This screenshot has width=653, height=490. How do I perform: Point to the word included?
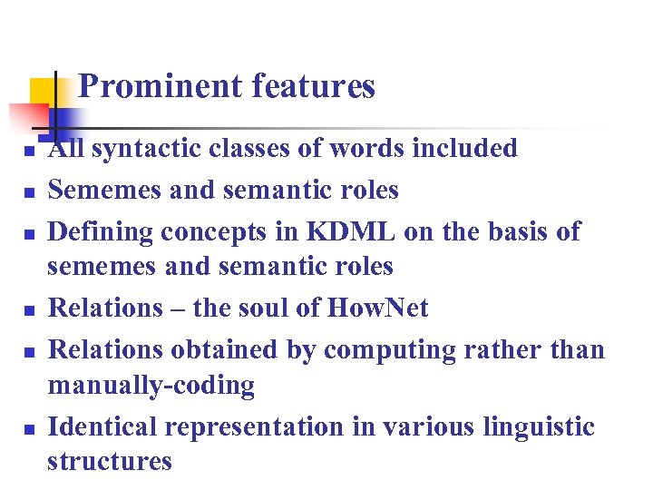tap(464, 148)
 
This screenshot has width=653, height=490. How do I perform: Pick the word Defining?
tap(101, 232)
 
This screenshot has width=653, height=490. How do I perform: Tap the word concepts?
tap(219, 232)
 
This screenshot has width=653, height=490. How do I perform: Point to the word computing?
tap(366, 350)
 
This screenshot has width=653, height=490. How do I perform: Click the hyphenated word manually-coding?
tap(151, 386)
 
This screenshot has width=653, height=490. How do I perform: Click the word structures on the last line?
tap(110, 461)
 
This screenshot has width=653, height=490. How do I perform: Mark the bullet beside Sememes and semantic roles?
tap(29, 191)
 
